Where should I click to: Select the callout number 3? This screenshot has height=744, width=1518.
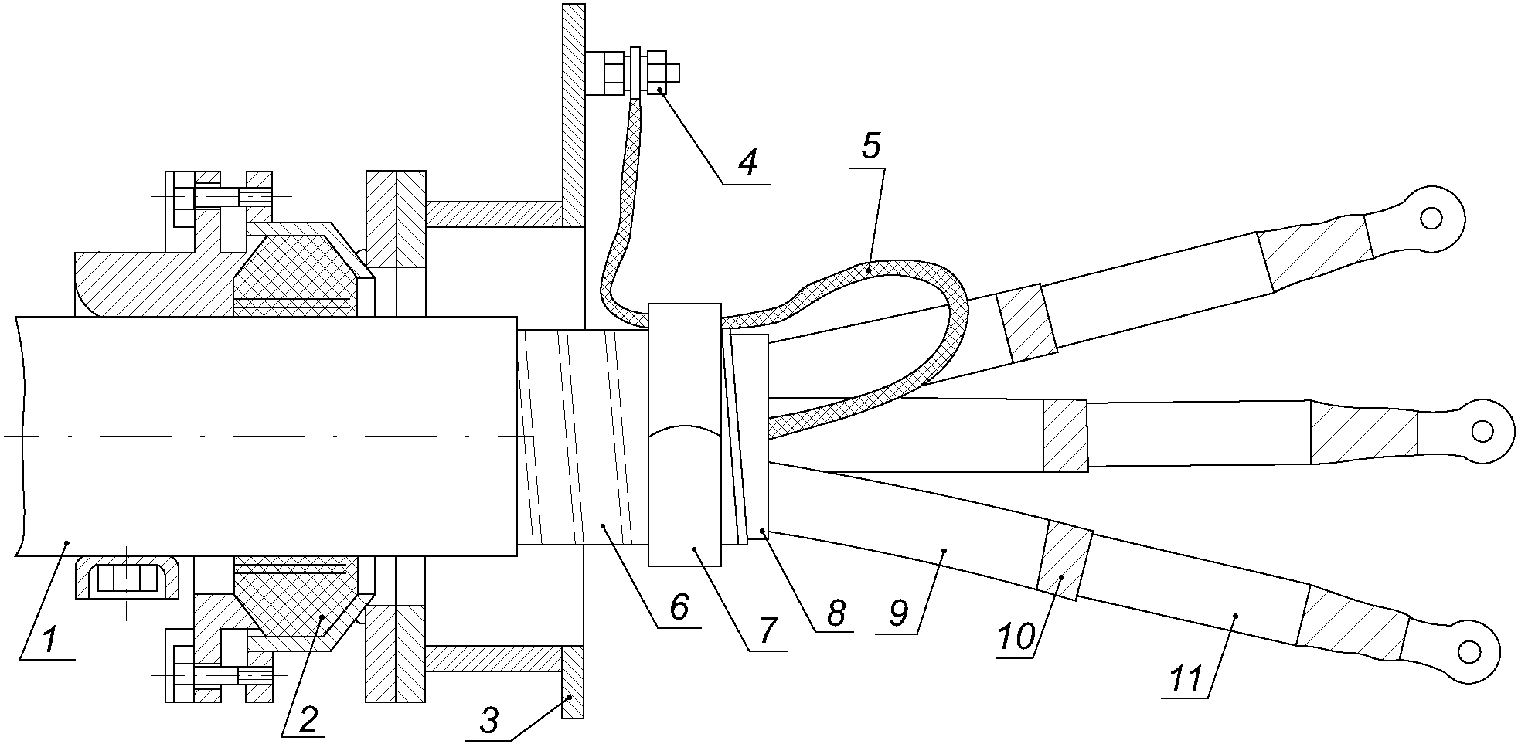point(489,721)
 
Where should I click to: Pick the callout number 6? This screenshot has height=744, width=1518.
point(679,607)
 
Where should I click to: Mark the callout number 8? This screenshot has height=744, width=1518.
point(835,613)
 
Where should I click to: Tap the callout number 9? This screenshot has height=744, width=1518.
point(898,613)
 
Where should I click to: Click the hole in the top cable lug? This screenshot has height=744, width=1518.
point(1431,219)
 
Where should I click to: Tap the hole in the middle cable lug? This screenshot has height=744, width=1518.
point(1482,430)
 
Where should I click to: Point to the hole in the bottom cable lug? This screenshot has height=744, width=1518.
point(1466,652)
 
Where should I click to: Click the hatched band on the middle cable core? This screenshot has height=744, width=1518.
point(1065,435)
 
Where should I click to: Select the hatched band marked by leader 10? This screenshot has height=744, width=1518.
point(1064,560)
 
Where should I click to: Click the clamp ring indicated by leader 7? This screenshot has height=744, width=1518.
point(685,434)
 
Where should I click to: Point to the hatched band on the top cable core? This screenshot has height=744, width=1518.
point(1026,322)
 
